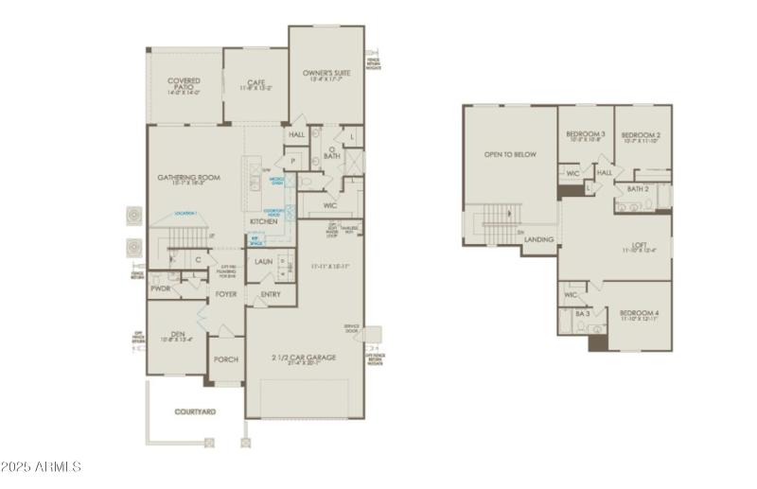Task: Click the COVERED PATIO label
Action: point(184,84)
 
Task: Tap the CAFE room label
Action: point(254,82)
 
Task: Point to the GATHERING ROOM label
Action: point(188,177)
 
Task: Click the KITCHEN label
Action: point(263,221)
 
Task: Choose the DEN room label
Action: point(178,333)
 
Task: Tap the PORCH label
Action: point(226,359)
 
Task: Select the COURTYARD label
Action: point(195,411)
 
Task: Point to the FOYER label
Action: point(226,294)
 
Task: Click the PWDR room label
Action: point(160,288)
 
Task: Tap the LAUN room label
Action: point(264,261)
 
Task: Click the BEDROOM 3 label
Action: point(585,135)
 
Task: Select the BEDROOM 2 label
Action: point(641,136)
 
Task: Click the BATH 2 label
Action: point(637,188)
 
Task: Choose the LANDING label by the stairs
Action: point(539,239)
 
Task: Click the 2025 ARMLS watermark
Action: point(42,466)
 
